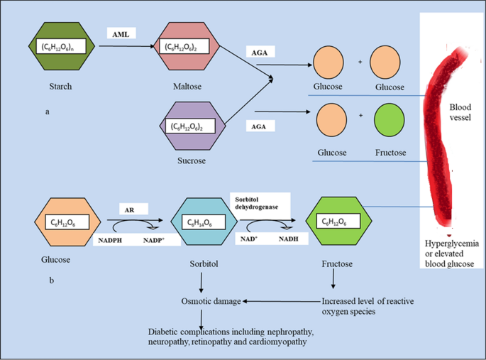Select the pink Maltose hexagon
pos(190,48)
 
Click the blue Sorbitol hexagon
pos(202,223)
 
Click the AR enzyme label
pos(131,210)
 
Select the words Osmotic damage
pos(210,301)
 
